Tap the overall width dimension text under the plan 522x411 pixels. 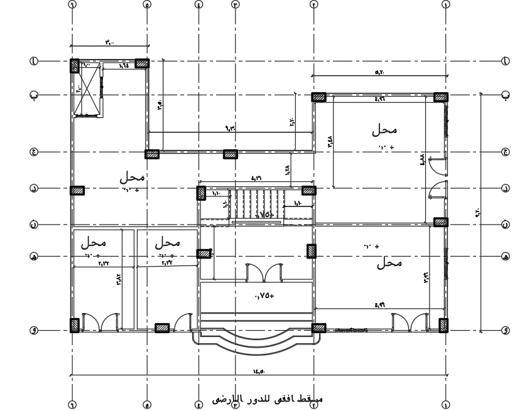(x=259, y=371)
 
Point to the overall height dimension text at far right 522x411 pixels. (x=478, y=213)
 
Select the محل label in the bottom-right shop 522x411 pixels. (x=389, y=264)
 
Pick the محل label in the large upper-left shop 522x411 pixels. (x=133, y=178)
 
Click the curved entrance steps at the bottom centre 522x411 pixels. (x=259, y=345)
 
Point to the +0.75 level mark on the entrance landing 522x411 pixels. (x=264, y=296)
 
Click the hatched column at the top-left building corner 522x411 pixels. (x=74, y=65)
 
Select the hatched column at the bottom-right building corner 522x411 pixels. (x=443, y=325)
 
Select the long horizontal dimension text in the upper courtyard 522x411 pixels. (x=229, y=129)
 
